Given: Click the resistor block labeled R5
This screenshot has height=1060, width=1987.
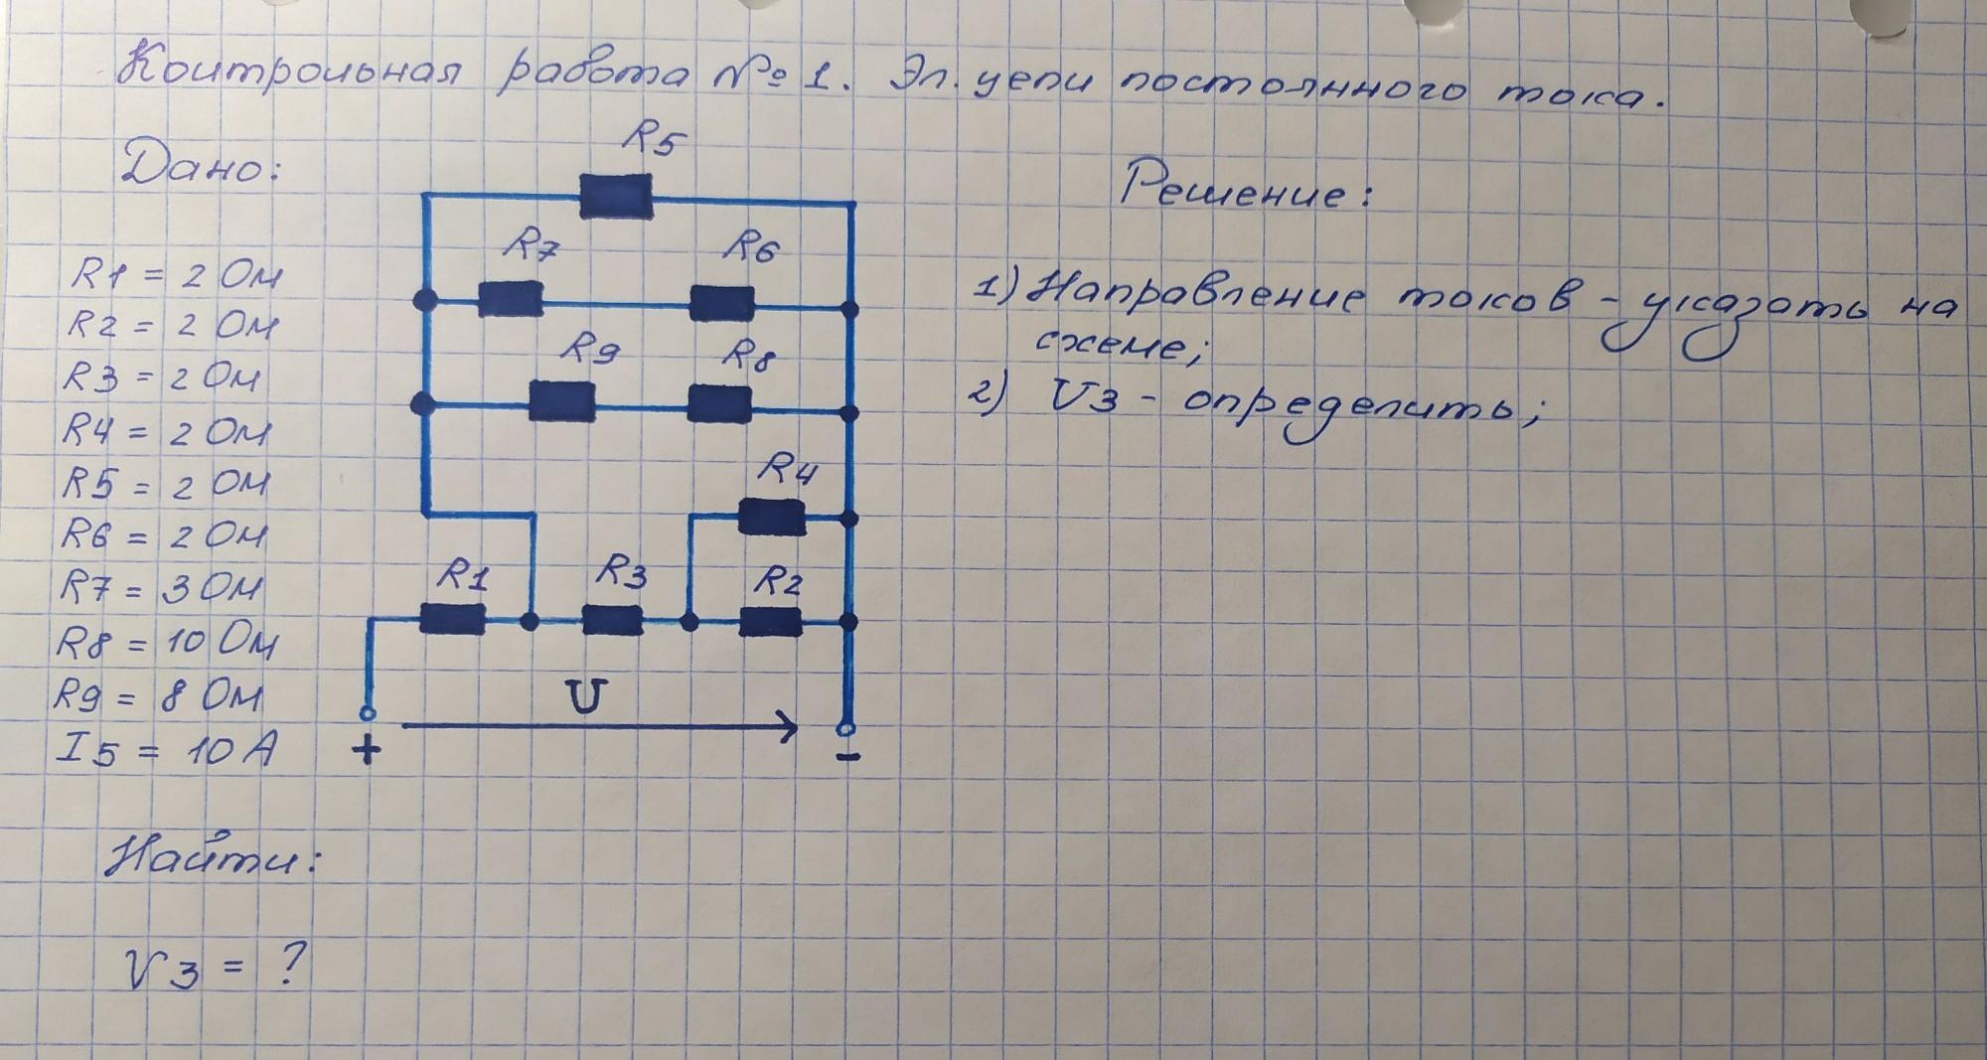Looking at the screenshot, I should (x=616, y=196).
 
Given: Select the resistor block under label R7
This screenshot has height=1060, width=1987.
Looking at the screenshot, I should (x=511, y=298).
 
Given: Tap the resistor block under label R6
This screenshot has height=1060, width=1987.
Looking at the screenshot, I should (x=722, y=303).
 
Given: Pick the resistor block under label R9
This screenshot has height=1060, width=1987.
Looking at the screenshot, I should (x=562, y=401).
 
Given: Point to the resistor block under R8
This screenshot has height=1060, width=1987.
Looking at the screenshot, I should (x=719, y=402).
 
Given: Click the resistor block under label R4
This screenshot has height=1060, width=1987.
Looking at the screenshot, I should (x=772, y=517).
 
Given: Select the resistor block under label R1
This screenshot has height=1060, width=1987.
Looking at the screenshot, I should (x=452, y=619).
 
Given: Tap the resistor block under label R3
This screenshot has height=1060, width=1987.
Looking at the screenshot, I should (x=612, y=621).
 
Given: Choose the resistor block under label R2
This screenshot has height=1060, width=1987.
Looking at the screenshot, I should (x=771, y=621).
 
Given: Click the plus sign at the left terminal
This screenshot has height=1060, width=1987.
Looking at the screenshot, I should (x=367, y=749).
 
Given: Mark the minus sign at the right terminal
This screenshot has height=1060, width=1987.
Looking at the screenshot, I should (x=847, y=758).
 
